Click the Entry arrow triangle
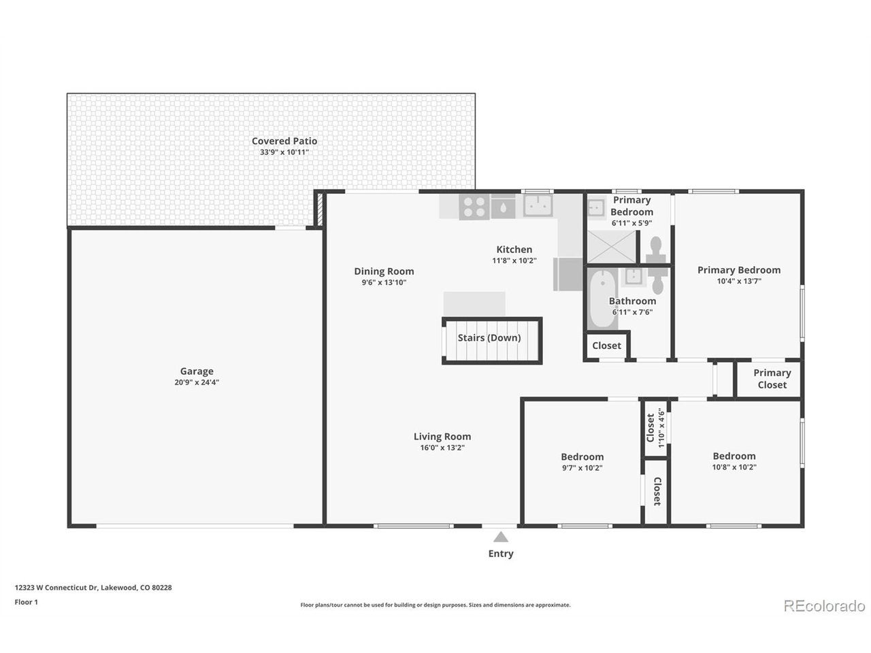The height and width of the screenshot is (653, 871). [x=500, y=537]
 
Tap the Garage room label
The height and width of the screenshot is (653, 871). [x=197, y=371]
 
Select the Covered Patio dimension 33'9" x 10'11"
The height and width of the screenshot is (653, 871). [x=284, y=152]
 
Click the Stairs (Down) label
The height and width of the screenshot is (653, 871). [x=489, y=338]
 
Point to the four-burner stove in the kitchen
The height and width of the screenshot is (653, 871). [x=474, y=207]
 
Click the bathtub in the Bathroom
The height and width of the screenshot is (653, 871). [x=602, y=298]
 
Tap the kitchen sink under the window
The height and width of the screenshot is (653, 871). [x=538, y=205]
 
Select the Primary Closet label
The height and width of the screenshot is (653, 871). [x=772, y=379]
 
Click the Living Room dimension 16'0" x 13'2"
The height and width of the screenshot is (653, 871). [x=442, y=448]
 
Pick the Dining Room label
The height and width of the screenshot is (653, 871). [x=384, y=271]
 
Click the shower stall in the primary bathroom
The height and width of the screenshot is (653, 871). [x=612, y=247]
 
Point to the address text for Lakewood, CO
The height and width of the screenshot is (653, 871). [x=93, y=588]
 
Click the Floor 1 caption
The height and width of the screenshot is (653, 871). [x=26, y=602]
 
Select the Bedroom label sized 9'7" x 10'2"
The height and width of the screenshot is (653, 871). [x=582, y=456]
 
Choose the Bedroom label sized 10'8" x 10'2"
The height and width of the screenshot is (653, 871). [x=734, y=456]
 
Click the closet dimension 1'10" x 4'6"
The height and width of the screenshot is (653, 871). [x=661, y=429]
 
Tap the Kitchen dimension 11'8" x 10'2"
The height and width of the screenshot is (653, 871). [x=514, y=261]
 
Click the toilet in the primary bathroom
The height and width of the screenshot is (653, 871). [x=656, y=250]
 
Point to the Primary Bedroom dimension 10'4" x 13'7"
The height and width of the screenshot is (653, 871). [x=739, y=281]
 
